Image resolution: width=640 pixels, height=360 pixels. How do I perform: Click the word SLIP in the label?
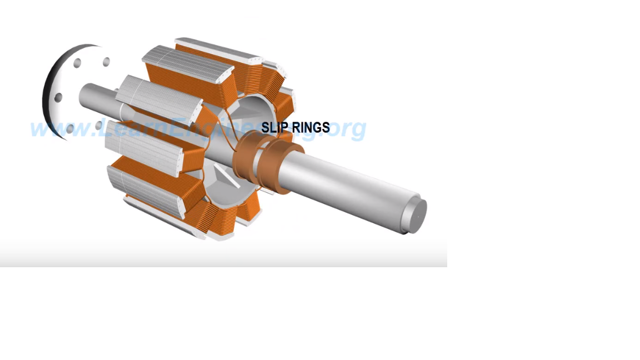pyautogui.click(x=272, y=127)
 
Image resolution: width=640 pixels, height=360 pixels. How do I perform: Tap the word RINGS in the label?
pyautogui.click(x=308, y=127)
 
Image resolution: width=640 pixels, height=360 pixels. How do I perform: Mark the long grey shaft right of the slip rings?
pyautogui.click(x=351, y=184)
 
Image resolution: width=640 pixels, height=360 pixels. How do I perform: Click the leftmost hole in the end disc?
pyautogui.click(x=58, y=98)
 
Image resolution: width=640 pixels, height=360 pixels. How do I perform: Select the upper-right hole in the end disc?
pyautogui.click(x=106, y=62)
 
